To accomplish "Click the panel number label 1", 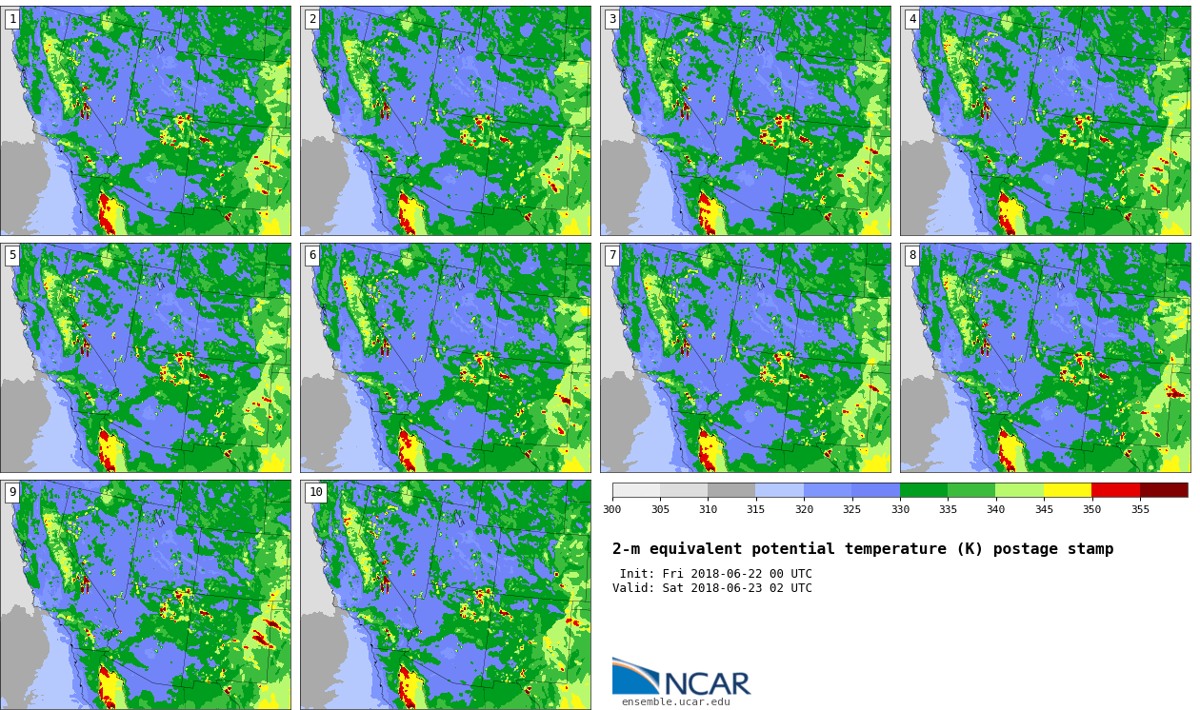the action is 12,20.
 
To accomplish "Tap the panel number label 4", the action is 912,20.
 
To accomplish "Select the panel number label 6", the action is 312,256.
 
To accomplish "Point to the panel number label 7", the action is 612,256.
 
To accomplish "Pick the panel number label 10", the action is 316,493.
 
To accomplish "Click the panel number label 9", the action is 12,493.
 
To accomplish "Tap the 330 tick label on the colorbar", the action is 900,509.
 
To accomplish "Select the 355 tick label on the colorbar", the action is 1140,509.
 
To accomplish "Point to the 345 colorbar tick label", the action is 1044,509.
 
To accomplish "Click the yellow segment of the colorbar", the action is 1068,490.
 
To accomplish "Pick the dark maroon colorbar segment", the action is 1164,490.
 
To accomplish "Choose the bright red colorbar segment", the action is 1116,490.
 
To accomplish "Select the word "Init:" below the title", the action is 635,574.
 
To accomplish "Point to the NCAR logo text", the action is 707,683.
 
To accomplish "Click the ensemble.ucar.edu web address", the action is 675,702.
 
